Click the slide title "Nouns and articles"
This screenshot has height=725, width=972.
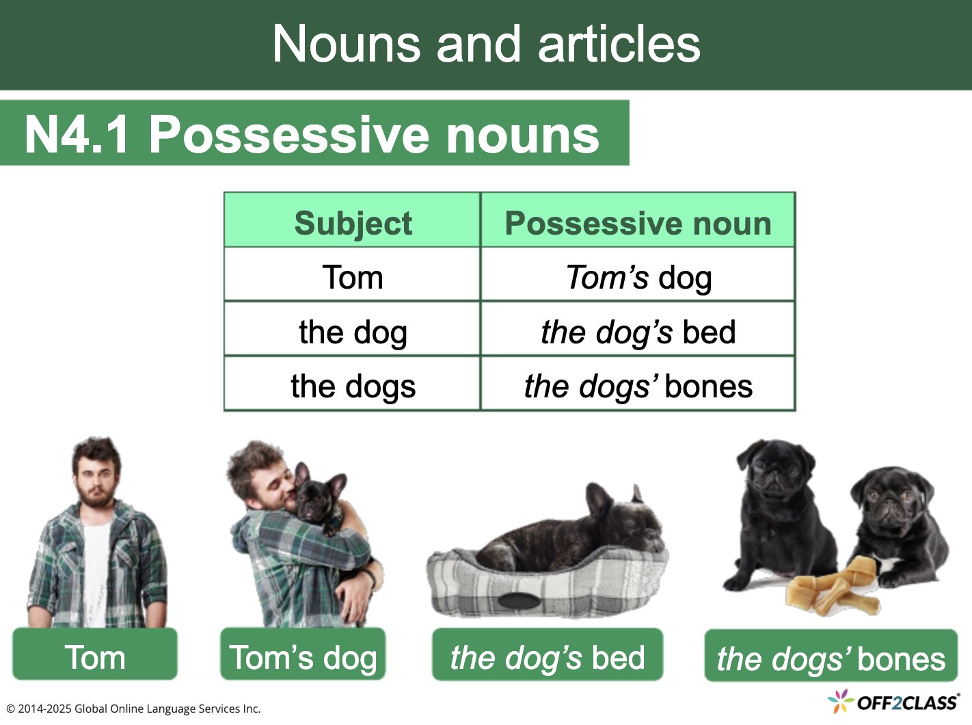click(486, 44)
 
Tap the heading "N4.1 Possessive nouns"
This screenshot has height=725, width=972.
click(312, 133)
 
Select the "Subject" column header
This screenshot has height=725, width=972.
click(353, 223)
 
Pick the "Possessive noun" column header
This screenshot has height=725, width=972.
click(638, 223)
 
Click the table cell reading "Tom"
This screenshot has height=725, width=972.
click(353, 277)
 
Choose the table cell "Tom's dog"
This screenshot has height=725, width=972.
click(638, 277)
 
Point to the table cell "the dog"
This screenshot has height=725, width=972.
click(353, 332)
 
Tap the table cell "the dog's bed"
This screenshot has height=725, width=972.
click(638, 332)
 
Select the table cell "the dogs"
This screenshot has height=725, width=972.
click(353, 386)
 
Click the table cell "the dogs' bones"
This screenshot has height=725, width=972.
click(638, 386)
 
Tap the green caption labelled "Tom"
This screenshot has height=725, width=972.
click(95, 657)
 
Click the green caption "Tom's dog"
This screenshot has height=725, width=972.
click(303, 657)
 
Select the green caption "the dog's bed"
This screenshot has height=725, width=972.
click(548, 657)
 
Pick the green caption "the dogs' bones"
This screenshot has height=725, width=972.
click(831, 658)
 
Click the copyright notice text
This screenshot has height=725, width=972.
click(133, 709)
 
